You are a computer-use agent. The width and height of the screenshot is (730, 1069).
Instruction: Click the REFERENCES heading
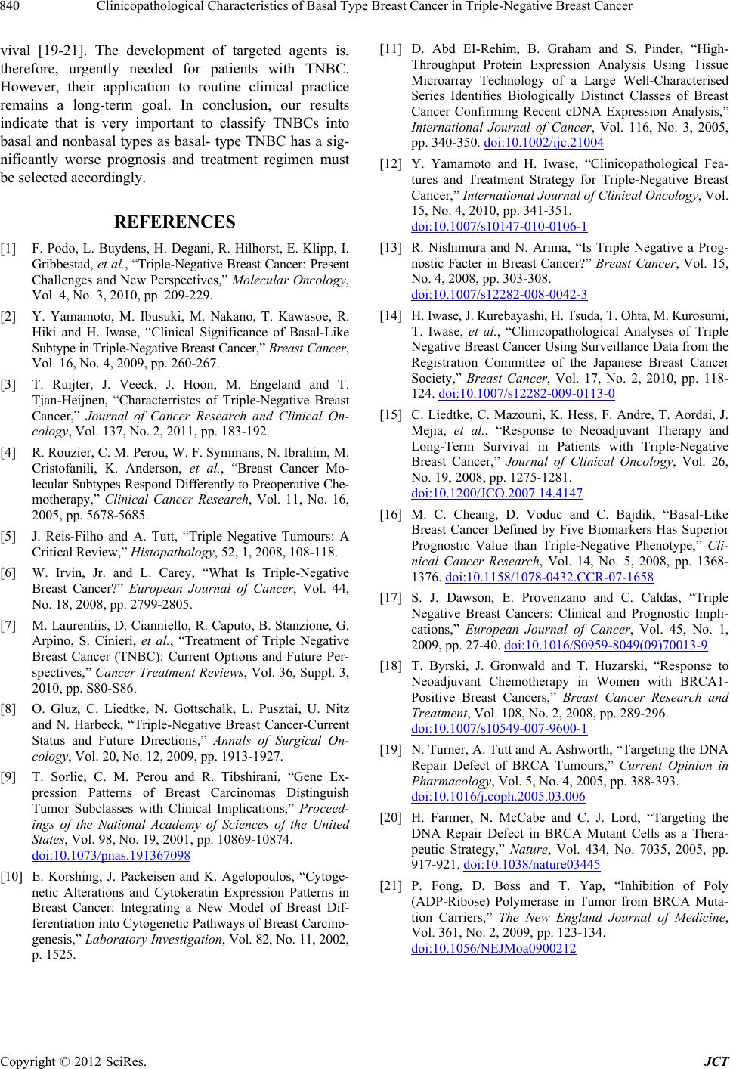[175, 222]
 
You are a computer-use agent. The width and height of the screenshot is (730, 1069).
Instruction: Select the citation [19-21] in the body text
[63, 51]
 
